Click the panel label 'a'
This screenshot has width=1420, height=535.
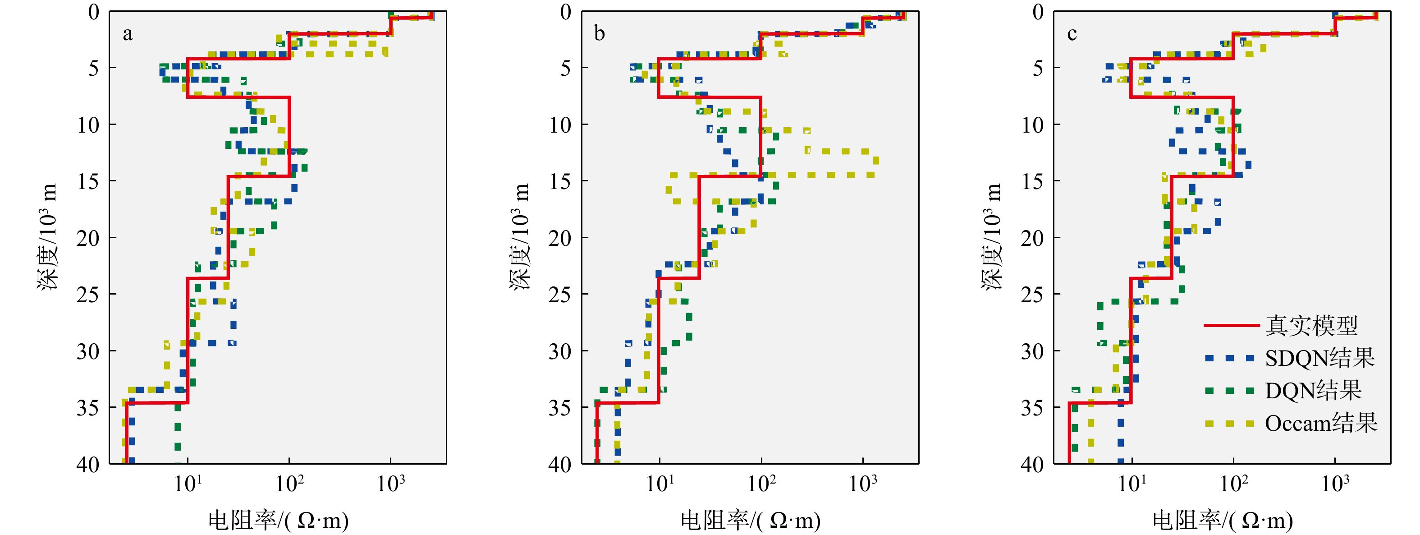tap(127, 35)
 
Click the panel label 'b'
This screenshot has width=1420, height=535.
tap(599, 34)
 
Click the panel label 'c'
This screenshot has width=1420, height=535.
tap(1072, 34)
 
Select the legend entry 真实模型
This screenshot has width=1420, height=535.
tap(1311, 325)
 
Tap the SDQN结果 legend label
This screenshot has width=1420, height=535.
tap(1319, 359)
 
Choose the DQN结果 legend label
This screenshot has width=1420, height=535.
tap(1313, 391)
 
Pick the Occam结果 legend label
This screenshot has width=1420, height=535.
tap(1321, 423)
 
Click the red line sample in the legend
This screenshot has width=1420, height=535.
tap(1232, 325)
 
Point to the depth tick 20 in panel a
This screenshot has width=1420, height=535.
tap(88, 238)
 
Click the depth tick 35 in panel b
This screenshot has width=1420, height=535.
tap(560, 408)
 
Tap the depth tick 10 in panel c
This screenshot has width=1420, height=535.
tap(1032, 125)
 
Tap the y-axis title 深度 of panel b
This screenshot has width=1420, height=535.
tap(519, 237)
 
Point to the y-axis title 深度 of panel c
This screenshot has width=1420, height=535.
tap(991, 237)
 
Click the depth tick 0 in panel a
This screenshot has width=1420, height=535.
tap(94, 12)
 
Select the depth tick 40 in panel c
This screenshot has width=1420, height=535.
tap(1032, 464)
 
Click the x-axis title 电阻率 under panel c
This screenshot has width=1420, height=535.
tap(1222, 520)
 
